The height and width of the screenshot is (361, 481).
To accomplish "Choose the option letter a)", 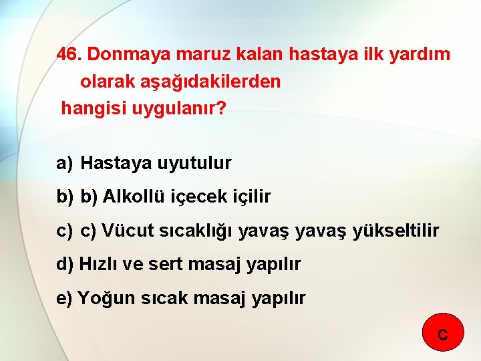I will pos(65,162).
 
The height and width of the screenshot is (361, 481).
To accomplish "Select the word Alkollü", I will pos(132,197).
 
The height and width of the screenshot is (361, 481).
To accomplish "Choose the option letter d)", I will pos(65,264).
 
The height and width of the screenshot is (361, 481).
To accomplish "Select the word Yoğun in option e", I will pos(107,298).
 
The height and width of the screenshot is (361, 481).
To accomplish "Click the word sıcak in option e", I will pos(164,298).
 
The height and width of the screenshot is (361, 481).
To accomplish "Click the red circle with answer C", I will pos(443,333).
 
